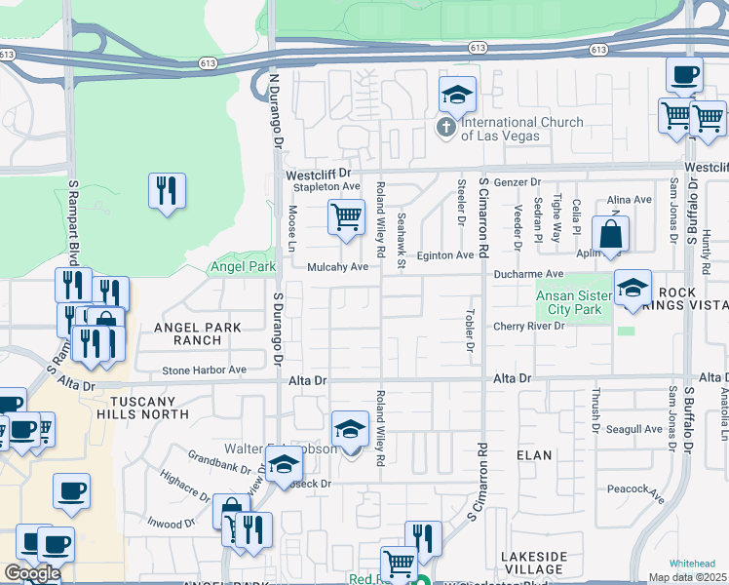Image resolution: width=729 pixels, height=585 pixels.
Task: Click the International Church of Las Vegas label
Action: coord(521,129)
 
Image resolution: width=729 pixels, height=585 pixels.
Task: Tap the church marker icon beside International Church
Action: coord(447,127)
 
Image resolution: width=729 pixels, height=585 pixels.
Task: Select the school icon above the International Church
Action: coord(457,97)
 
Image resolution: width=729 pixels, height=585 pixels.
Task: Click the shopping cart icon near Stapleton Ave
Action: coord(345,217)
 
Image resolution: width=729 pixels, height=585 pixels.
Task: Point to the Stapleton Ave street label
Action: coord(323,186)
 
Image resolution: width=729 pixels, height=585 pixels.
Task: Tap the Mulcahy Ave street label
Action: coord(337,266)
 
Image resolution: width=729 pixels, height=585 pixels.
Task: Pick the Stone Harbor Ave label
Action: coord(204,370)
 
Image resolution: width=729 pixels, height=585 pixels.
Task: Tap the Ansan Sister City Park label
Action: coord(573,301)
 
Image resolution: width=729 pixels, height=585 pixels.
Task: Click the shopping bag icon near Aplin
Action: coord(610,235)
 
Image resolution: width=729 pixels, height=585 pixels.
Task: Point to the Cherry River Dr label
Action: coord(529,327)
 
